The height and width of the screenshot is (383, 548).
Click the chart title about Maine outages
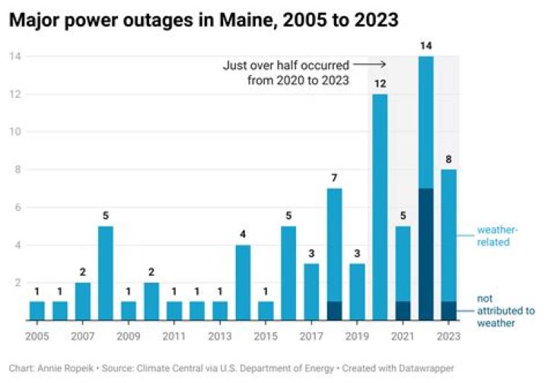tap(203, 21)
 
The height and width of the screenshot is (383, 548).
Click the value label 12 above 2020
tap(381, 82)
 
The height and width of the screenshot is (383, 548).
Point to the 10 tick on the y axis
tap(14, 131)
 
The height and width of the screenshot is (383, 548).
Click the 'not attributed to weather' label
tap(505, 310)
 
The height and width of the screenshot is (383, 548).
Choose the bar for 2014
tap(244, 283)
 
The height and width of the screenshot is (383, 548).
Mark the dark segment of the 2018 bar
tap(334, 311)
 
